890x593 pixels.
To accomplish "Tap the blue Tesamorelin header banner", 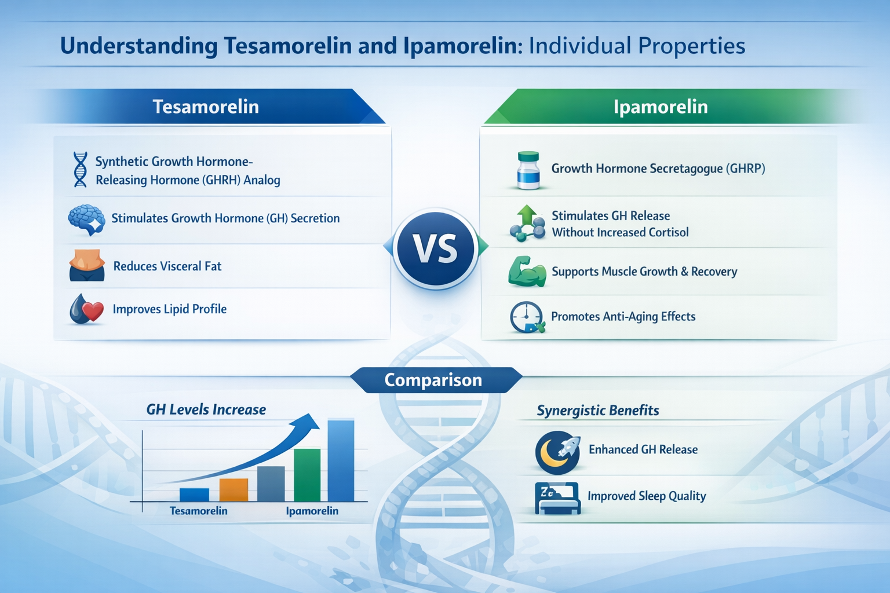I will pyautogui.click(x=206, y=107).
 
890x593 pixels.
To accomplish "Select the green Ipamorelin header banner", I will pyautogui.click(x=661, y=107).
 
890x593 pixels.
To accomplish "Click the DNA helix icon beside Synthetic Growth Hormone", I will pyautogui.click(x=80, y=170).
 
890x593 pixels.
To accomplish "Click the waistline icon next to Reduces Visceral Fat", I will pyautogui.click(x=87, y=266).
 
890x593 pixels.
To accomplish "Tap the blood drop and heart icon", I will pyautogui.click(x=86, y=309).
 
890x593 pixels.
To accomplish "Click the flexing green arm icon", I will pyautogui.click(x=527, y=272).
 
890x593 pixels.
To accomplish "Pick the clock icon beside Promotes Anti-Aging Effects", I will pyautogui.click(x=526, y=317).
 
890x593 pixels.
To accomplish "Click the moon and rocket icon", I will pyautogui.click(x=557, y=452).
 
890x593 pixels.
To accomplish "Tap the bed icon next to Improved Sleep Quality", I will pyautogui.click(x=557, y=497).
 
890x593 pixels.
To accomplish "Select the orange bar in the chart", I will pyautogui.click(x=234, y=490).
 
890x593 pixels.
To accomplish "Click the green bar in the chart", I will pyautogui.click(x=307, y=475).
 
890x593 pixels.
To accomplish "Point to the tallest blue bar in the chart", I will pyautogui.click(x=341, y=460).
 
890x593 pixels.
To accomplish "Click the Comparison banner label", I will pyautogui.click(x=433, y=380).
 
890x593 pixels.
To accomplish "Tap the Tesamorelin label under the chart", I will pyautogui.click(x=198, y=511).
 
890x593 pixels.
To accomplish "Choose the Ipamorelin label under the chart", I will pyautogui.click(x=312, y=511).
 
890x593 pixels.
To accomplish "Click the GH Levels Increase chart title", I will pyautogui.click(x=206, y=409).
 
